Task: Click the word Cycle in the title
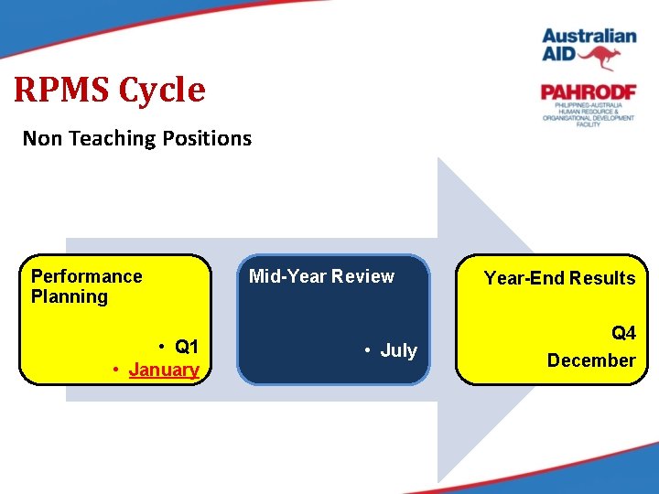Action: [162, 90]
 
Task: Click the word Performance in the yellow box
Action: [87, 276]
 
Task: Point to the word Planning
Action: [70, 296]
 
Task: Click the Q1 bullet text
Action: [186, 347]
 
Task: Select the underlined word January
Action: [164, 370]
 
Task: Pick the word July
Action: [398, 350]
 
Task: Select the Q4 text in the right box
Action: [623, 334]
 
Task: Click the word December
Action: [590, 360]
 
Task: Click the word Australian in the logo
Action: [589, 37]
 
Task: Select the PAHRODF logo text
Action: [588, 91]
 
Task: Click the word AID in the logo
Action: [558, 54]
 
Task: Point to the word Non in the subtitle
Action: [40, 139]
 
